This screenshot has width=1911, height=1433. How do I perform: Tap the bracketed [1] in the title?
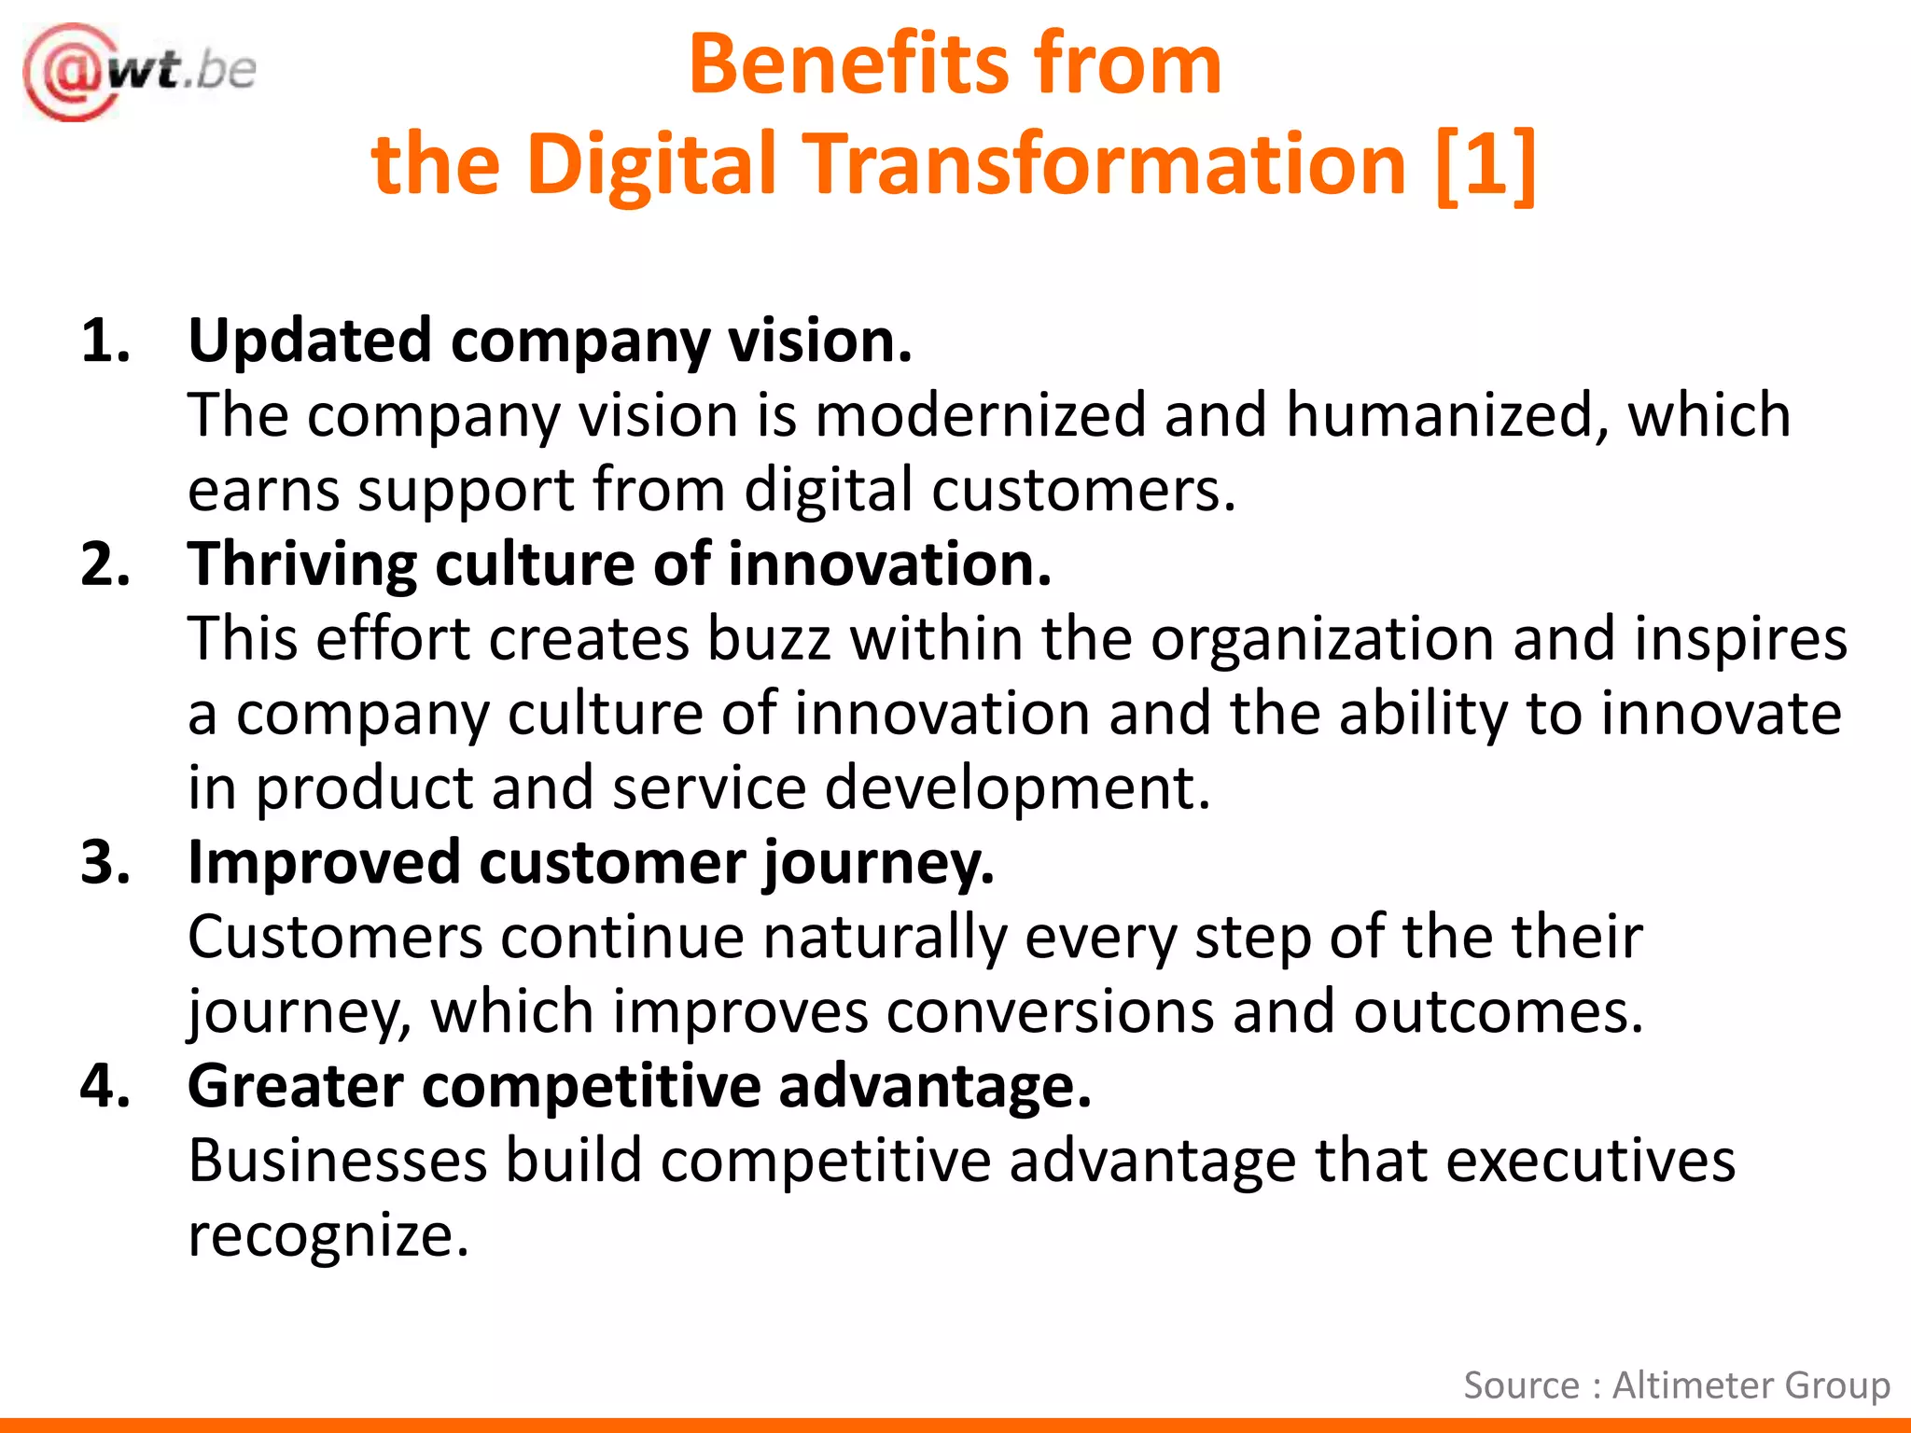coord(1486,165)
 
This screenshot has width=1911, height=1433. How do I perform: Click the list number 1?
coord(105,341)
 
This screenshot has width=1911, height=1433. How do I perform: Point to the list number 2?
coord(105,565)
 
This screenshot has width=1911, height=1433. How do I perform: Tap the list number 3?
coord(105,863)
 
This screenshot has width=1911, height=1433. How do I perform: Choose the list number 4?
coord(105,1087)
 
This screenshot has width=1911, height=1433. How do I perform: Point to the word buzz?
coord(769,640)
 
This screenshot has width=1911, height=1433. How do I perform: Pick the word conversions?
coord(1051,1012)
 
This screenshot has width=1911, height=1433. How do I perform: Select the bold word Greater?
coord(296,1087)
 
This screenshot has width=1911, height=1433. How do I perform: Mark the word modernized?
coord(980,416)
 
